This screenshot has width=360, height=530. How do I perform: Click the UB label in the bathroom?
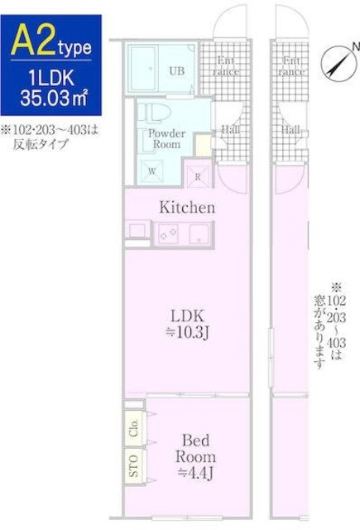tap(176, 70)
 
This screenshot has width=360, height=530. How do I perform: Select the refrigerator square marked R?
tap(199, 174)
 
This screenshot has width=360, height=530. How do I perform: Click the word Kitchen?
tap(187, 208)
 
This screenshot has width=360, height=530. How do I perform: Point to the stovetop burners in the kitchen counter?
tap(169, 234)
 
